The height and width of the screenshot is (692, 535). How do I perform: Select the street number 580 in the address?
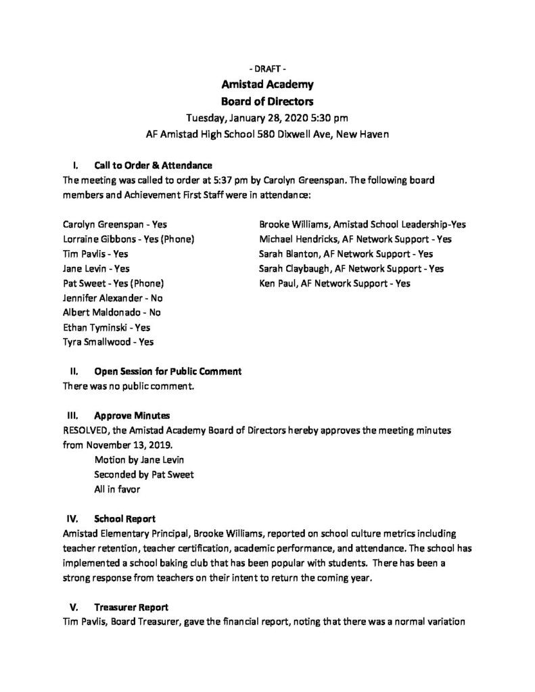289,134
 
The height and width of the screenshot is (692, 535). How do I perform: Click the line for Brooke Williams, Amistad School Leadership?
362,224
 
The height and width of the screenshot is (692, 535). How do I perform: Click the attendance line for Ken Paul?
334,283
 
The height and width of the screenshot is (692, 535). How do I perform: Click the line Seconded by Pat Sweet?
144,474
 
